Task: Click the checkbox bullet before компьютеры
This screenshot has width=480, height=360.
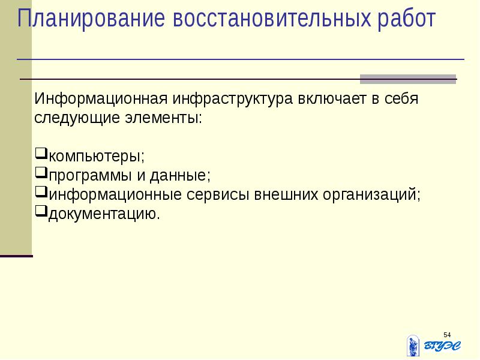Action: click(x=41, y=155)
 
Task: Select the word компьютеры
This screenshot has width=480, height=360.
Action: click(x=97, y=157)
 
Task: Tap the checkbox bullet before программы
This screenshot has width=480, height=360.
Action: click(x=41, y=173)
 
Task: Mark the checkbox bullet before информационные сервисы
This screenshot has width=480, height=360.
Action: click(x=41, y=193)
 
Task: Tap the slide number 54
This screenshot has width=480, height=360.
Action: click(x=447, y=334)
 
